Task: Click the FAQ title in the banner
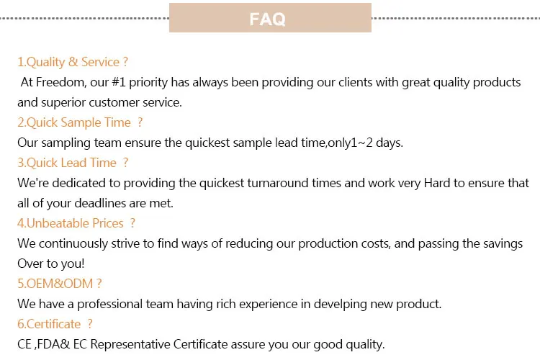coord(268,19)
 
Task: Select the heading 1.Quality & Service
coord(73,62)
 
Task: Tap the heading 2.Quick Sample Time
coord(80,122)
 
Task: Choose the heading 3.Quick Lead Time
coord(73,163)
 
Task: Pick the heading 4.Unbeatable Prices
coord(76,223)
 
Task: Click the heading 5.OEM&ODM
coord(60,284)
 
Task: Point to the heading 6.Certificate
coord(55,324)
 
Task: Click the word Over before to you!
coord(31,264)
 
